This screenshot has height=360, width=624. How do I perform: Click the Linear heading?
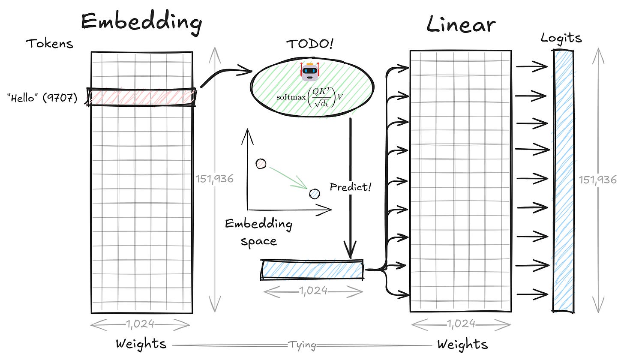[461, 25]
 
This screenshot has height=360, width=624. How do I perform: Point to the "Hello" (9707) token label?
[42, 98]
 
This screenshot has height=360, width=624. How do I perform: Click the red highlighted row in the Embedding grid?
[141, 97]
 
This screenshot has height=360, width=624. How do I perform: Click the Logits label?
[561, 38]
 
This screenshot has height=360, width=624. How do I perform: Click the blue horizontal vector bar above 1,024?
[312, 270]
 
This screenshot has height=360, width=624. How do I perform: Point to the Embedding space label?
[258, 232]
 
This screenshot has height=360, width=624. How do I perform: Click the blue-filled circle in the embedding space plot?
[315, 194]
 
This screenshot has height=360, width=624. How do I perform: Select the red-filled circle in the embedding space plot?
[261, 164]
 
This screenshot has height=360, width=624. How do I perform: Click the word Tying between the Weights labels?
[303, 345]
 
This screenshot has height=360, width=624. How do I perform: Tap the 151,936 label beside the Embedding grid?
[214, 179]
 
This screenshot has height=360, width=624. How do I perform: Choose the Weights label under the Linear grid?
[462, 344]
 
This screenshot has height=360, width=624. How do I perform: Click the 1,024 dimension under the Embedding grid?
[141, 324]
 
